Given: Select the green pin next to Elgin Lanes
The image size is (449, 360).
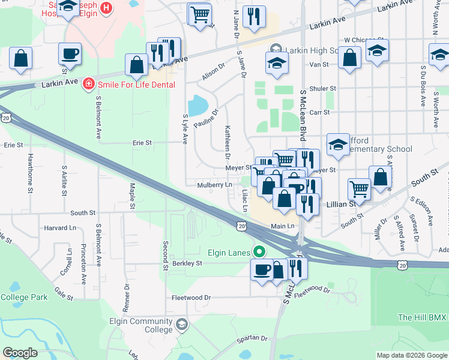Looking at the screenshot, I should click(259, 252).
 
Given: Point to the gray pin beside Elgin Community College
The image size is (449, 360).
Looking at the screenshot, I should click(181, 325).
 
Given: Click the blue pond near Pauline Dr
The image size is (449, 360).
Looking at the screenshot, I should click(197, 106).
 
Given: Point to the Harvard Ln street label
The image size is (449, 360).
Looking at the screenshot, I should click(61, 228).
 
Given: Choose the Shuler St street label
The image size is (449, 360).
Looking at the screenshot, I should click(324, 88).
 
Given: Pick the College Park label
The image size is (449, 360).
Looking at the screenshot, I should click(23, 297).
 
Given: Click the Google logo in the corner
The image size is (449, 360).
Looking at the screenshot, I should click(20, 353).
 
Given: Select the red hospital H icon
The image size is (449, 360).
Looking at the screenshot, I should click(106, 8).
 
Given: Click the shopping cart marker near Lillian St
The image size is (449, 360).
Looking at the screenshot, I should click(359, 188).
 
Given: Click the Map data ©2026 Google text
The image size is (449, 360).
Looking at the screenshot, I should click(411, 355).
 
